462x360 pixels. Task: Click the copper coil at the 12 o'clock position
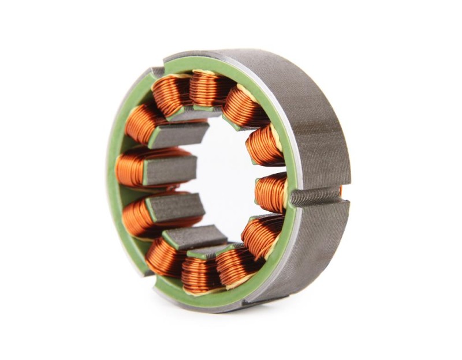pyautogui.click(x=209, y=87)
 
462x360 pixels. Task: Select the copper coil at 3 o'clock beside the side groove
pyautogui.click(x=271, y=192)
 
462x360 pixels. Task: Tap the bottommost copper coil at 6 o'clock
pyautogui.click(x=199, y=272)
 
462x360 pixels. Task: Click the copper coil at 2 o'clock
pyautogui.click(x=264, y=144)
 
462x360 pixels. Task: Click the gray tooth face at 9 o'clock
pyautogui.click(x=170, y=171)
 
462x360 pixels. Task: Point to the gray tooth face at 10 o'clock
pyautogui.click(x=179, y=134)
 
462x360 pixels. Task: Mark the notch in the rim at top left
pyautogui.click(x=157, y=72)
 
